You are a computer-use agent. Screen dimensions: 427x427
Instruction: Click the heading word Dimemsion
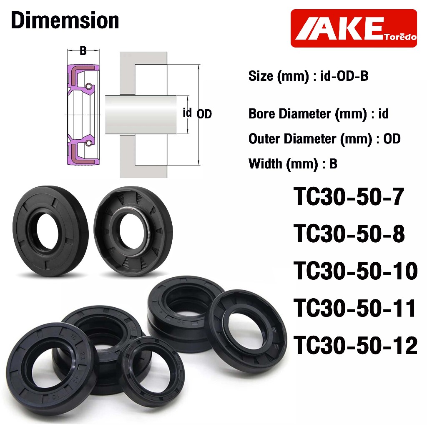[65, 20]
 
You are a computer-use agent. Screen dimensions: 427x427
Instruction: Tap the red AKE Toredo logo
[354, 28]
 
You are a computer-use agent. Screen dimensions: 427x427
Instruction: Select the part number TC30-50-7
[349, 197]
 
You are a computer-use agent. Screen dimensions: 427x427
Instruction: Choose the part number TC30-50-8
[349, 234]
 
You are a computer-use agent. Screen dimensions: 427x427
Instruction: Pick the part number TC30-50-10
[355, 271]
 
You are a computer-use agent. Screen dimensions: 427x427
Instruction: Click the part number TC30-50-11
[354, 308]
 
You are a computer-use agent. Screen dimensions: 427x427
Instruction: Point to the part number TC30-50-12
[355, 345]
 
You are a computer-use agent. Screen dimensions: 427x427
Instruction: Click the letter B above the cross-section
[83, 51]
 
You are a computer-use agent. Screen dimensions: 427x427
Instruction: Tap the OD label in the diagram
[204, 114]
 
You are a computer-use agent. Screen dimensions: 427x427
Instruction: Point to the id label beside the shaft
[187, 113]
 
